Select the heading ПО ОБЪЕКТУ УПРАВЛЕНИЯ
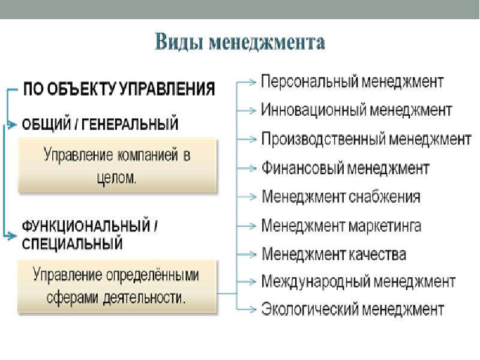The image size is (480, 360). click(119, 90)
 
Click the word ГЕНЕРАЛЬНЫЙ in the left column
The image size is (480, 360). click(132, 124)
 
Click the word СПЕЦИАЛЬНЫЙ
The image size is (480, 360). click(73, 244)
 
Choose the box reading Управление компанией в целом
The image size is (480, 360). click(117, 166)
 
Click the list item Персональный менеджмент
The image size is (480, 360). click(352, 80)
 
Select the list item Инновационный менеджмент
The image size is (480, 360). click(356, 110)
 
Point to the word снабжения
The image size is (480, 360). click(384, 197)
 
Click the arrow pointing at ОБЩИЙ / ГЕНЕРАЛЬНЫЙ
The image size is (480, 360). click(11, 125)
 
